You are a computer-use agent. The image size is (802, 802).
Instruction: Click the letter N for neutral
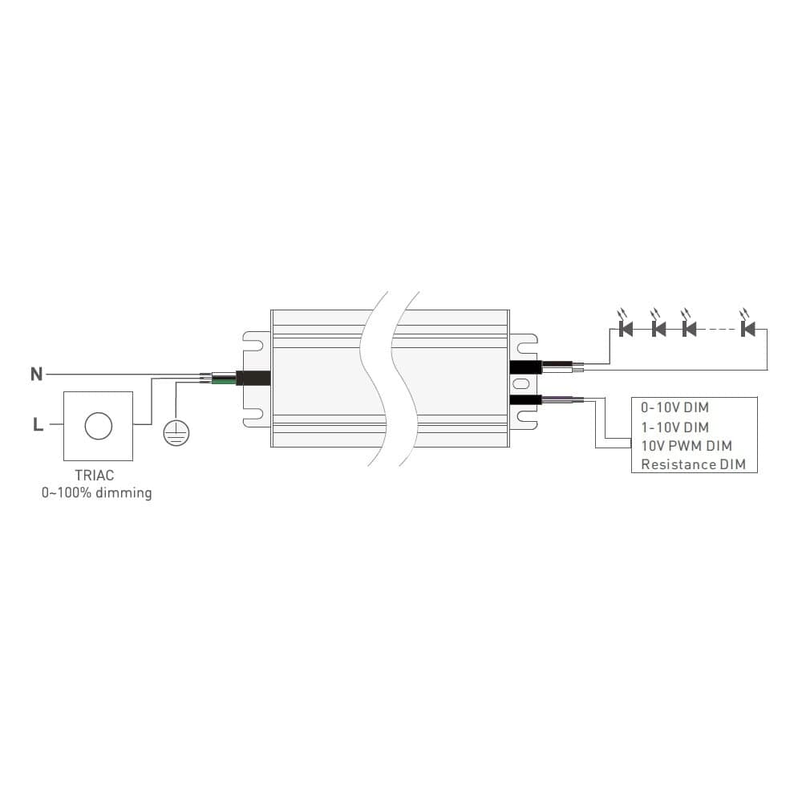tap(36, 374)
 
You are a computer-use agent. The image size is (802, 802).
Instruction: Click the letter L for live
tap(38, 424)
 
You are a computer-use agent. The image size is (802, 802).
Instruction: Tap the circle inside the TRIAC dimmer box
tap(98, 426)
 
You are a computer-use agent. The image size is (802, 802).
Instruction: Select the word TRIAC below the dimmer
tap(95, 475)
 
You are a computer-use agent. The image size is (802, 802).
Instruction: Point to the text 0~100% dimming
tap(97, 493)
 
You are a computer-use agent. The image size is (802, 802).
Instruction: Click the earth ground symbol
tap(176, 433)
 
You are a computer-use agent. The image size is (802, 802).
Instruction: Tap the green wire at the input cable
tap(224, 380)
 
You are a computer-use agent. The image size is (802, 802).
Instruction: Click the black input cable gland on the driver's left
tap(253, 378)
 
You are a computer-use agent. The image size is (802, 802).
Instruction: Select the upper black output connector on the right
tap(525, 367)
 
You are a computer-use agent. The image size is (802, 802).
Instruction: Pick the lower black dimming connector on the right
tap(525, 399)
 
